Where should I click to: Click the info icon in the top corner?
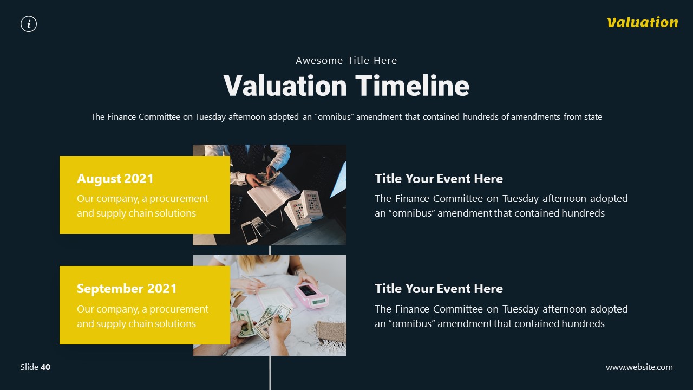29,24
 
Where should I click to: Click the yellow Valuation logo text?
642,22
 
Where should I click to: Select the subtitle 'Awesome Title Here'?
346,61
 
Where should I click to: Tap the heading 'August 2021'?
115,179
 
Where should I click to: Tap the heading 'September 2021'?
127,289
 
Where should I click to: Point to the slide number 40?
45,367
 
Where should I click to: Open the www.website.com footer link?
639,367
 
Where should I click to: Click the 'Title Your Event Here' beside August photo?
439,179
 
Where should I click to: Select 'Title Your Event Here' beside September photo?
439,289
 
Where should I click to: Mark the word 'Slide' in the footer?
29,367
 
